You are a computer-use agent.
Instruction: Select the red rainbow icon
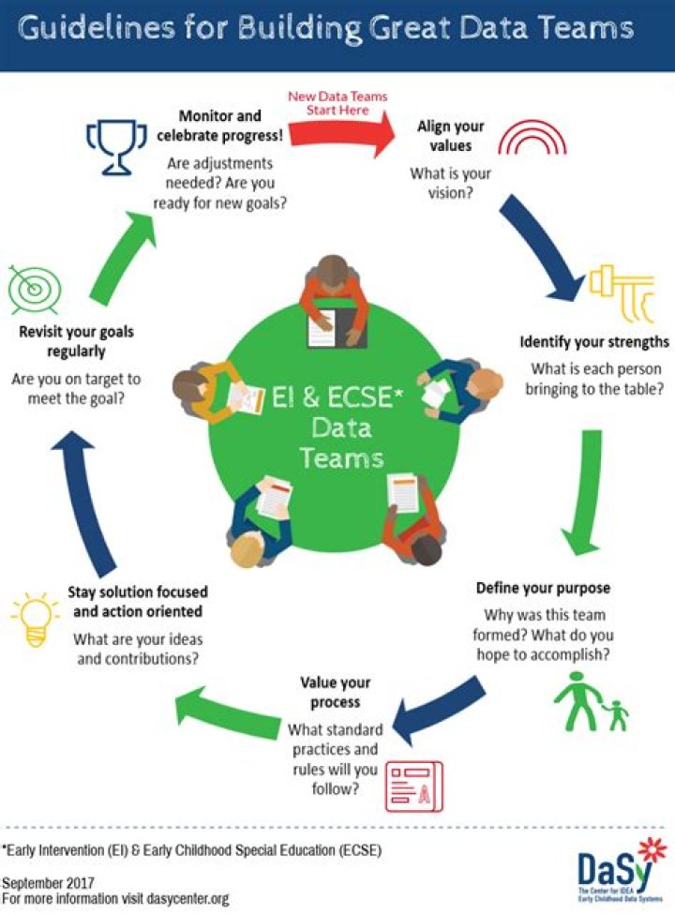point(532,139)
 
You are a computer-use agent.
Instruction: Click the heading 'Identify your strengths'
point(594,341)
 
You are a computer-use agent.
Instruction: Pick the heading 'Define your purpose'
point(543,588)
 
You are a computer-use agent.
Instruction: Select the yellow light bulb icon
point(35,619)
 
